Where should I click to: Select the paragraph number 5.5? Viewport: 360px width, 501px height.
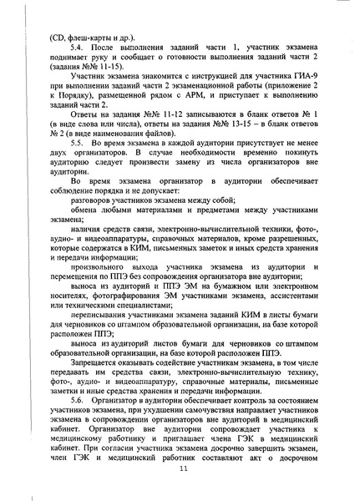click(x=79, y=166)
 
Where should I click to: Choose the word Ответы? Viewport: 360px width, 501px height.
click(x=85, y=136)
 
